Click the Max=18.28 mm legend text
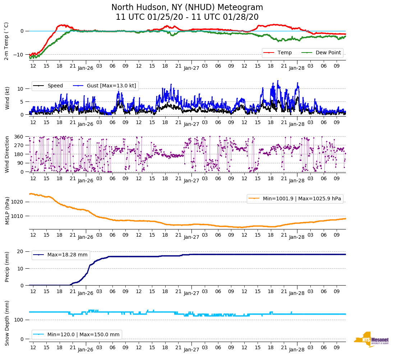[67, 255]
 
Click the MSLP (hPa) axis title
[7, 211]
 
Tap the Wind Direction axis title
[7, 154]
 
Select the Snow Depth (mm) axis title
[7, 323]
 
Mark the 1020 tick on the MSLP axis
[18, 202]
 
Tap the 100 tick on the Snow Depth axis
[19, 320]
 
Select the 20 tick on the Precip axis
[21, 251]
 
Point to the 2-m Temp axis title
[6, 41]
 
